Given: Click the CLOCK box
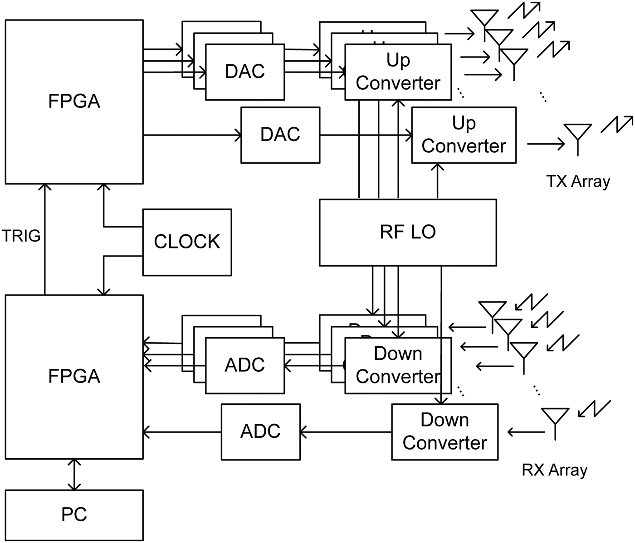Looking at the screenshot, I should (187, 242).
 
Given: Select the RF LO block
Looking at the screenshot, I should (407, 232).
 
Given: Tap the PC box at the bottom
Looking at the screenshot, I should (74, 515).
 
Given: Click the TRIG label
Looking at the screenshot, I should (21, 236).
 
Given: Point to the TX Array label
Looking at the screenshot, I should (578, 181).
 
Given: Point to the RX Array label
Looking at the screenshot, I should (554, 470).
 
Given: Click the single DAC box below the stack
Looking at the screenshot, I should (280, 135).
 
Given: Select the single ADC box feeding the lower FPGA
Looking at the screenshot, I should (260, 431).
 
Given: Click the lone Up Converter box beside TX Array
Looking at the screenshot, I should (464, 135).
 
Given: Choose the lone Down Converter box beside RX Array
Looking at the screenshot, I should (444, 431).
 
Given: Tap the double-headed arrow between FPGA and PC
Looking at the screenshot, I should (74, 475).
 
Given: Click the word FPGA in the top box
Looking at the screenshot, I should (74, 101).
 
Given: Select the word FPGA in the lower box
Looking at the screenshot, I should (74, 376).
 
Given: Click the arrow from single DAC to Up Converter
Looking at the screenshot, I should (365, 135).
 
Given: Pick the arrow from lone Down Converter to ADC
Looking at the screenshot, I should (346, 432).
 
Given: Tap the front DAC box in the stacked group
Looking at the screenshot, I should (245, 72).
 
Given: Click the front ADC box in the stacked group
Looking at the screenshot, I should (245, 365).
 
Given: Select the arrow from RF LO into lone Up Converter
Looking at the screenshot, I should (438, 181).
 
